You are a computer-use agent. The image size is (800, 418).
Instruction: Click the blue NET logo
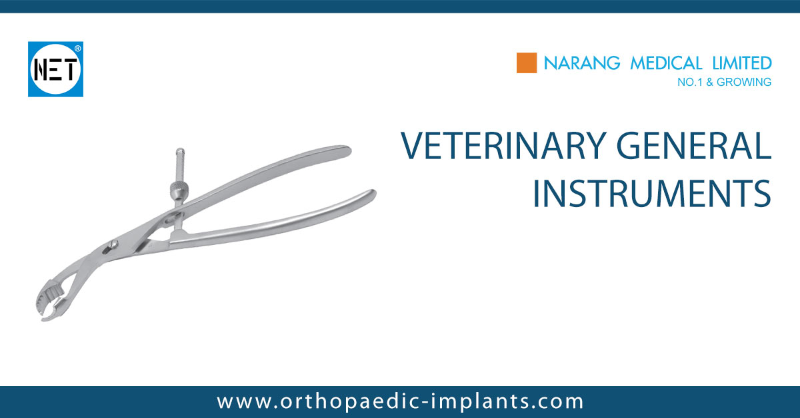[55, 69]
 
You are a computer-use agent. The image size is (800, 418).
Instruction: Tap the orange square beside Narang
[527, 63]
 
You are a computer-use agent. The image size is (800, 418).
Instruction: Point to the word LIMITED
[740, 64]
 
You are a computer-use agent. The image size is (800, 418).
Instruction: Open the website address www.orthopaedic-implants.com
[400, 401]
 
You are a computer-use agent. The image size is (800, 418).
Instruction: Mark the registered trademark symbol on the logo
[78, 49]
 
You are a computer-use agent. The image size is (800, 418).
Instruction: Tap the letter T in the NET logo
[71, 69]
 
